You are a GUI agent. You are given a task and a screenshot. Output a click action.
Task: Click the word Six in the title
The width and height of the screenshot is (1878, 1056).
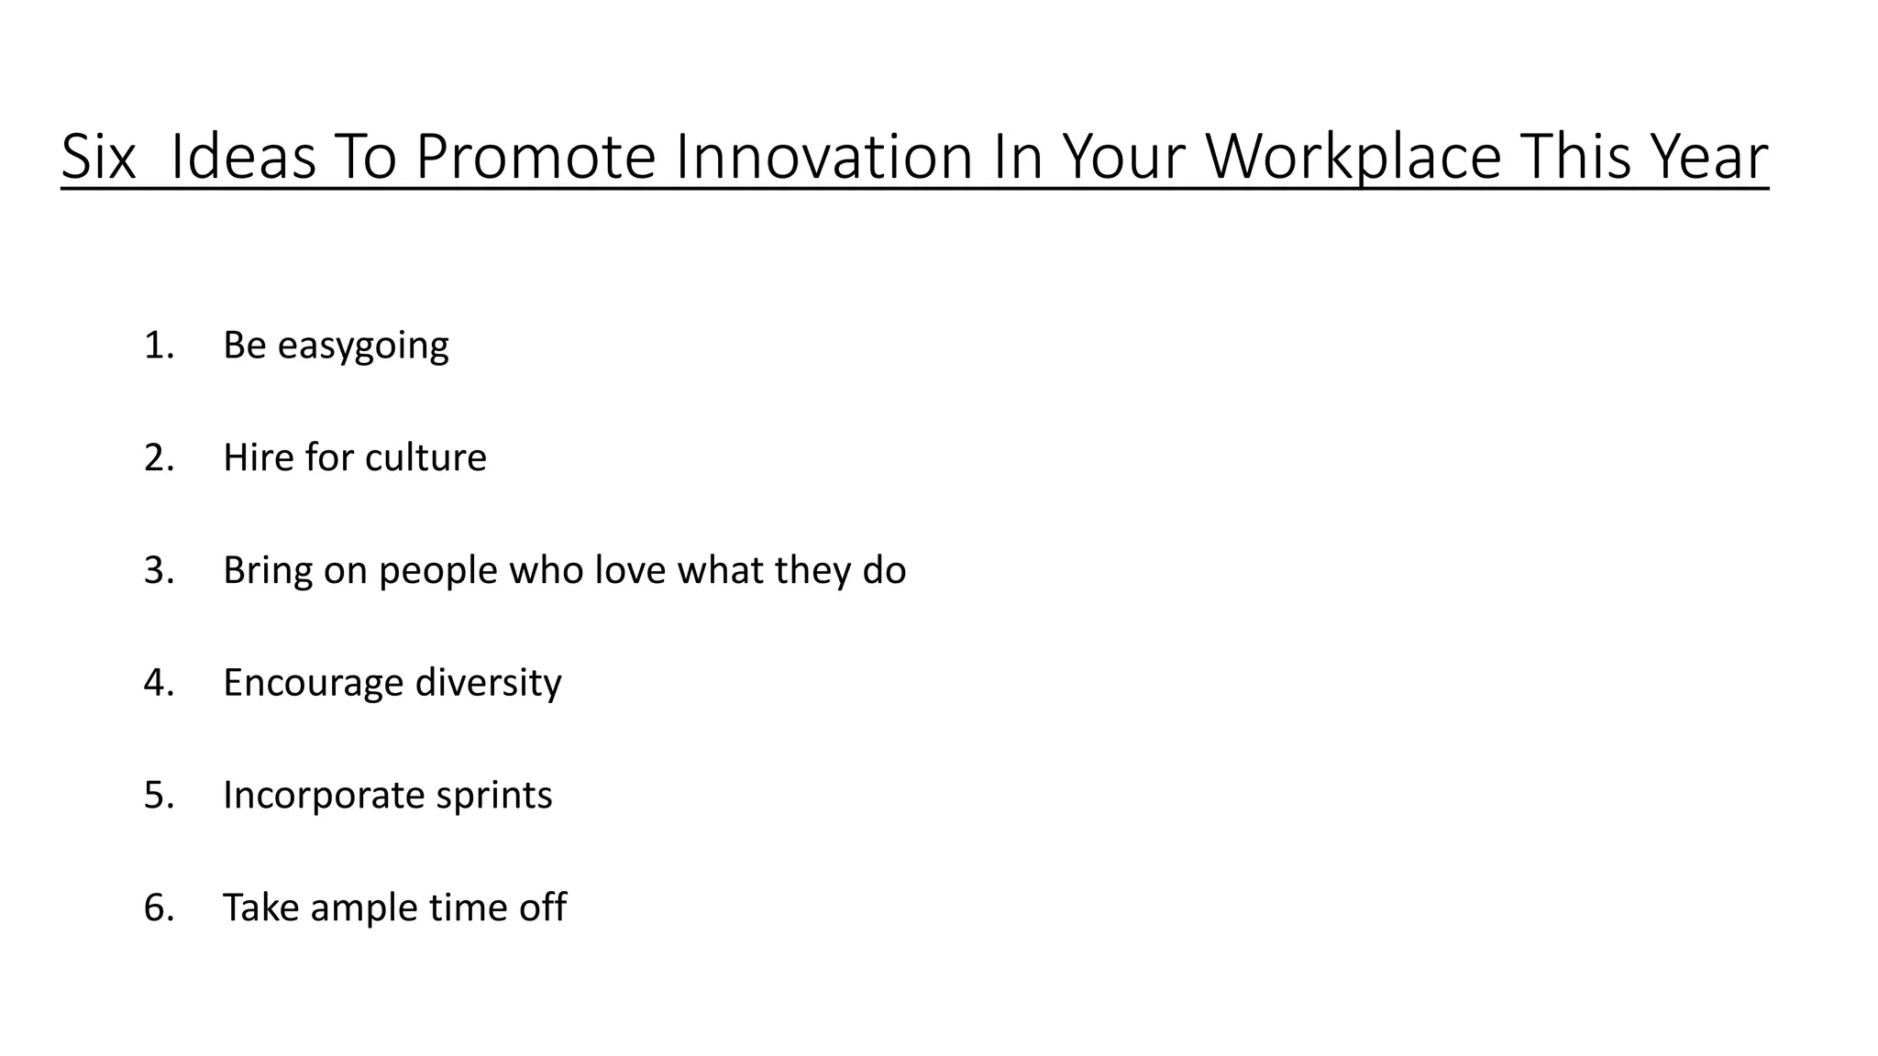[98, 157]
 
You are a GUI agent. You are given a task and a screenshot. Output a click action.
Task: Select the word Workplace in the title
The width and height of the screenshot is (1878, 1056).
[1353, 157]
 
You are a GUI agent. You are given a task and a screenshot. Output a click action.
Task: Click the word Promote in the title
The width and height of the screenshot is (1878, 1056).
[536, 157]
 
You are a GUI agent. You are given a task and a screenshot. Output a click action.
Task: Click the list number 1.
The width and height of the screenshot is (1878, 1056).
[158, 346]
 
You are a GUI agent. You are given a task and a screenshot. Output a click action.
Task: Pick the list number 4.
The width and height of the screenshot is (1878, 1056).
[158, 683]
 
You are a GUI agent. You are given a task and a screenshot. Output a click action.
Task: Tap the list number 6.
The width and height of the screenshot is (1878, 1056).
[158, 907]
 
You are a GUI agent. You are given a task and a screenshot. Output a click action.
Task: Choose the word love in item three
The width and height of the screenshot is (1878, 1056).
[630, 570]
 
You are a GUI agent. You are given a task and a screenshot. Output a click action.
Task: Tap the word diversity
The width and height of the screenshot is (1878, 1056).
[488, 683]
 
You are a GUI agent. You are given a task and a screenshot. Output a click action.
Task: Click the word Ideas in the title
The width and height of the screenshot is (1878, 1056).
[243, 157]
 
